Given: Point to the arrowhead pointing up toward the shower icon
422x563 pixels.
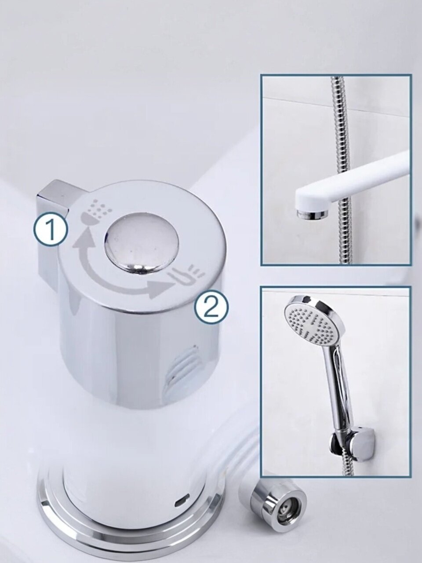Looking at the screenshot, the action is [x=84, y=237].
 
